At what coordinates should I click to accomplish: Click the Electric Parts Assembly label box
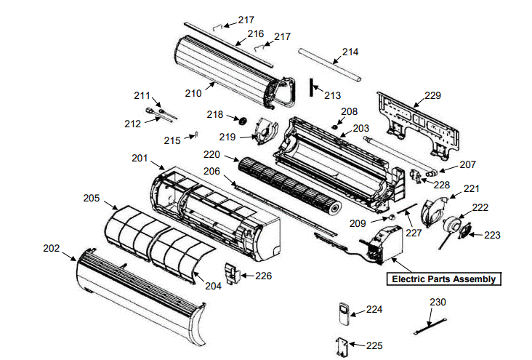443,279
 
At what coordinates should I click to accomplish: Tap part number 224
374,310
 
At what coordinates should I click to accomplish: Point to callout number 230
438,302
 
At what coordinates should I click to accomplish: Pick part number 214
350,52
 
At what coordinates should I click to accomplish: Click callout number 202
51,248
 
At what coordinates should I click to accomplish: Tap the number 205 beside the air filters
91,198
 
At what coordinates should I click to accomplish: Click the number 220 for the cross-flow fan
211,154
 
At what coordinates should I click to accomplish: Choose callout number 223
493,235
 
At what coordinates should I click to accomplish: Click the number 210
193,93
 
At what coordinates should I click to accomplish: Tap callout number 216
255,33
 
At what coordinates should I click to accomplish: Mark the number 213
332,95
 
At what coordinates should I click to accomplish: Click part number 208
350,111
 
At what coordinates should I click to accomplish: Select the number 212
132,124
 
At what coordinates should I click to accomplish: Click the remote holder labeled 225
342,348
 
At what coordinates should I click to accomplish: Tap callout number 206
211,172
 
